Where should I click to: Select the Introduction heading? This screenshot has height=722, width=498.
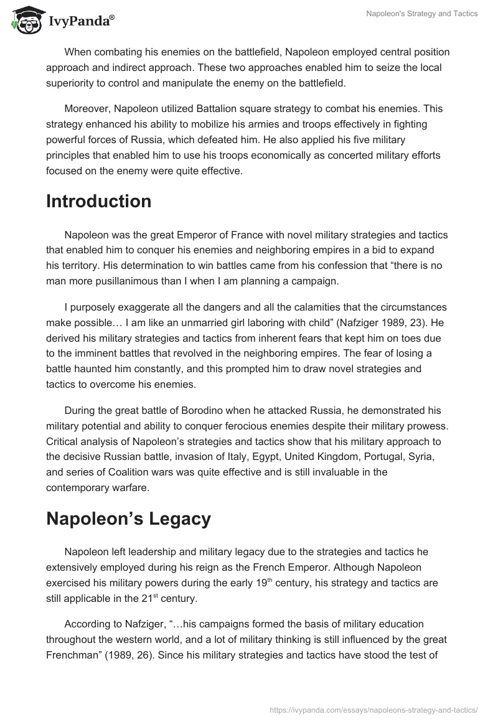[x=98, y=201]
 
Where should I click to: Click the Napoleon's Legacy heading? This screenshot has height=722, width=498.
[x=128, y=519]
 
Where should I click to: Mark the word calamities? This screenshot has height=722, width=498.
[x=295, y=308]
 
